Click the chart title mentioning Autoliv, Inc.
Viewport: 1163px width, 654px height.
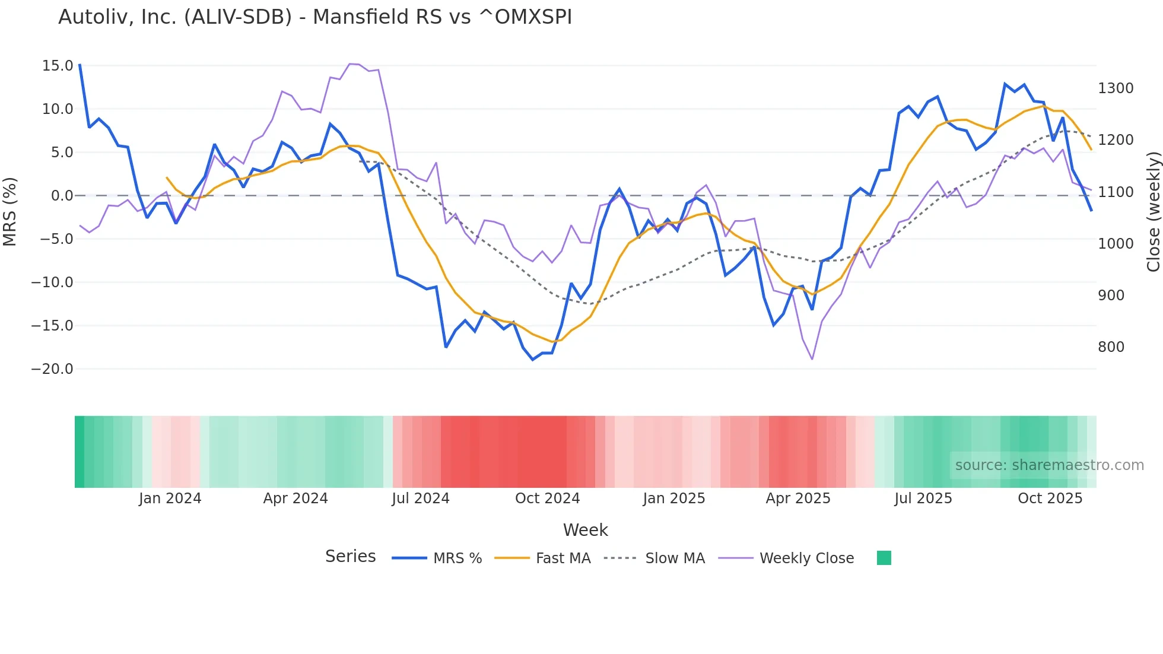pyautogui.click(x=315, y=17)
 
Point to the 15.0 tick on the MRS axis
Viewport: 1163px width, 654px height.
pyautogui.click(x=58, y=66)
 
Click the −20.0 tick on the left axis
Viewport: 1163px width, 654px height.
pyautogui.click(x=52, y=369)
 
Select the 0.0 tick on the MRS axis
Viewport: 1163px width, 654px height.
pyautogui.click(x=62, y=196)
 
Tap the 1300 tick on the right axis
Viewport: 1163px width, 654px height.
pyautogui.click(x=1116, y=88)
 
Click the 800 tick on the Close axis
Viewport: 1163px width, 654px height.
pyautogui.click(x=1111, y=347)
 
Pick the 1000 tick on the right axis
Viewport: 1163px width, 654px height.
pyautogui.click(x=1116, y=244)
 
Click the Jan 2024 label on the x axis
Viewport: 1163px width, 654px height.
pyautogui.click(x=170, y=499)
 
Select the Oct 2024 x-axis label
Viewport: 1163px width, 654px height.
pyautogui.click(x=547, y=499)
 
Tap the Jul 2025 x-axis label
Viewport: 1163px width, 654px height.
pyautogui.click(x=923, y=499)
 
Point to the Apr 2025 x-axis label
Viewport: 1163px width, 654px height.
pyautogui.click(x=798, y=499)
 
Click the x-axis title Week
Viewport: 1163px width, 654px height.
pyautogui.click(x=585, y=530)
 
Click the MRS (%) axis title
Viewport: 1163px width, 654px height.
pyautogui.click(x=10, y=212)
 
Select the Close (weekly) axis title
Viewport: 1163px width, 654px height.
pyautogui.click(x=1153, y=212)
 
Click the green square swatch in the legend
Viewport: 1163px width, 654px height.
pyautogui.click(x=884, y=558)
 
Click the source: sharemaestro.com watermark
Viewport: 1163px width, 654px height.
pyautogui.click(x=1049, y=465)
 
